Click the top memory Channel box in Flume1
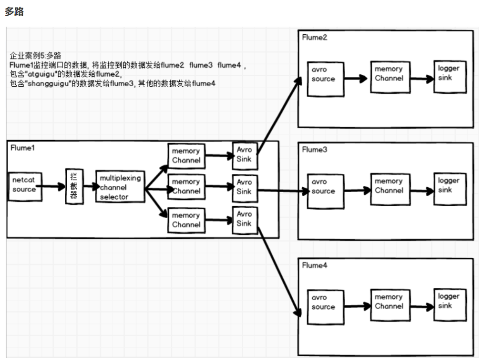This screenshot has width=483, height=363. click(x=186, y=156)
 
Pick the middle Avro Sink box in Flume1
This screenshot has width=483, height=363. click(x=244, y=187)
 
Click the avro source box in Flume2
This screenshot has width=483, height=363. click(x=325, y=78)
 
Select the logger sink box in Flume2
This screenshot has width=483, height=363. click(x=449, y=76)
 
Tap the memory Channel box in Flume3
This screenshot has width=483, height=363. click(x=390, y=189)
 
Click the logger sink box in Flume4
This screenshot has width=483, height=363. click(x=449, y=304)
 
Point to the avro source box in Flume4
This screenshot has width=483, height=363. click(x=325, y=306)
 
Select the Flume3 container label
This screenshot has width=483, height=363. click(x=315, y=150)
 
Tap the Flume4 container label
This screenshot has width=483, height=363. click(x=315, y=265)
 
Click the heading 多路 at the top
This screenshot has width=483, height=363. click(x=14, y=12)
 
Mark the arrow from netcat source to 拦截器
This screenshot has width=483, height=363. click(x=51, y=187)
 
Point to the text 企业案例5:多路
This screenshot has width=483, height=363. click(x=35, y=56)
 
